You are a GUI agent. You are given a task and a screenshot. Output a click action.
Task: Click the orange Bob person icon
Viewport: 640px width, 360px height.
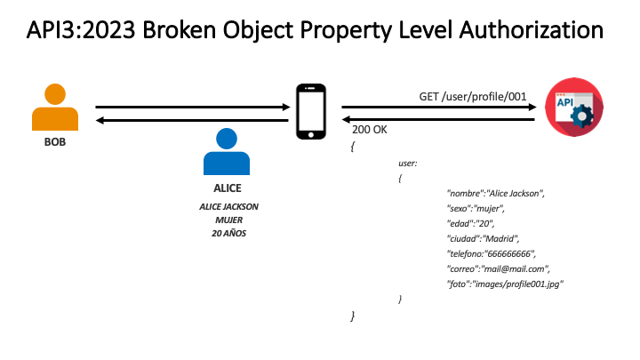55,109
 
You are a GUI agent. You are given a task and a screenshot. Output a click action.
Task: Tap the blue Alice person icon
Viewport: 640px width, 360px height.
227,152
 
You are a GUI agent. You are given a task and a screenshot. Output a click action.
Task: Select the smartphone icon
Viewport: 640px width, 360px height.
310,111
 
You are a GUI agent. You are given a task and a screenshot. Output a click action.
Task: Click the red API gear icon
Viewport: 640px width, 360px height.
569,106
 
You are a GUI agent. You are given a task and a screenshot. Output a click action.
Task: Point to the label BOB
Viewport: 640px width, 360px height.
55,141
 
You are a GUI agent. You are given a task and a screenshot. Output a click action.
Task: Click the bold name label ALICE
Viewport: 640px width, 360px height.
227,188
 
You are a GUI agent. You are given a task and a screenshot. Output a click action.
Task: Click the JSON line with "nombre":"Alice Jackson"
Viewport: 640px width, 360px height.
495,193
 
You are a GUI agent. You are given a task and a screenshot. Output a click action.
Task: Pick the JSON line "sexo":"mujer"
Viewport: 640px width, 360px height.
476,208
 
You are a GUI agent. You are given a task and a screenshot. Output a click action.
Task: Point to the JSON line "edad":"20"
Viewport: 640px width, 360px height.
471,223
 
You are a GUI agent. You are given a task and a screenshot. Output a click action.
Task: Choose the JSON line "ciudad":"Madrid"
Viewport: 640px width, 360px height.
482,238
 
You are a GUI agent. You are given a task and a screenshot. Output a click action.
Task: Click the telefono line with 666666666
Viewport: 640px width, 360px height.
492,253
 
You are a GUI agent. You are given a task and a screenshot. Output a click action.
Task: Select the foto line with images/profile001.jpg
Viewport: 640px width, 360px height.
506,284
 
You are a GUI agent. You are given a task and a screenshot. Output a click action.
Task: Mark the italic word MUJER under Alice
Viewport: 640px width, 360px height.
228,220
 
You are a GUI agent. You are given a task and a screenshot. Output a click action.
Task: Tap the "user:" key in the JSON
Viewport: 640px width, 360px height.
408,163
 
